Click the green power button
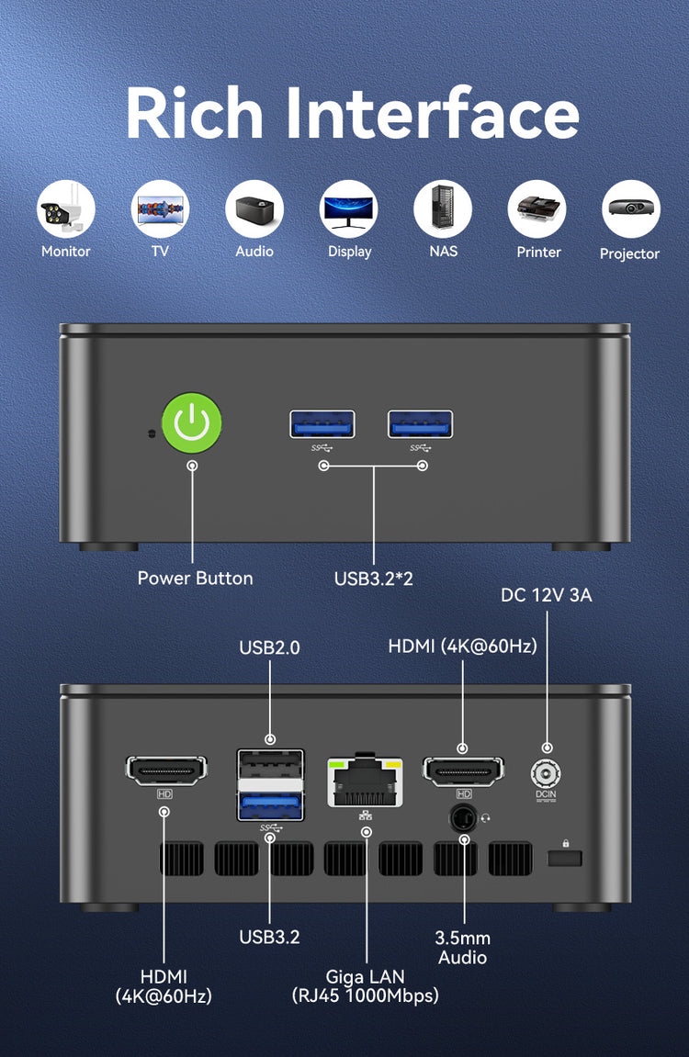(192, 423)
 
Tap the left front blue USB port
(322, 424)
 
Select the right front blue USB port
(420, 424)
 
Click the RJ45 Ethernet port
(366, 782)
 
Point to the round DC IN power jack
(546, 773)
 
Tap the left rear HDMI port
(166, 771)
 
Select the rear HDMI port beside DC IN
(463, 771)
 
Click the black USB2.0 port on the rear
(270, 764)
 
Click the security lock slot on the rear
(564, 858)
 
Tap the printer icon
(537, 209)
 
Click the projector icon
(630, 209)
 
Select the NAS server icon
(443, 209)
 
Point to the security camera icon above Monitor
(65, 209)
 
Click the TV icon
(160, 209)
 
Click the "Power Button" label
(195, 579)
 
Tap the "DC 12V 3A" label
(546, 595)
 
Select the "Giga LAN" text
(366, 977)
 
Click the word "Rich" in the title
(194, 113)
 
